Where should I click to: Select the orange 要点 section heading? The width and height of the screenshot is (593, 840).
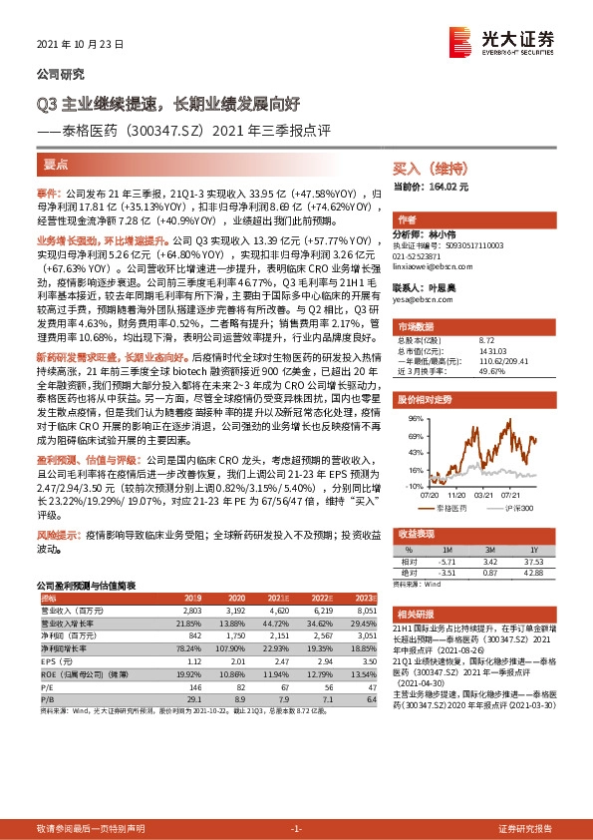[x=57, y=165]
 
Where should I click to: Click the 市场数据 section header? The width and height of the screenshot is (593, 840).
[x=418, y=326]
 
